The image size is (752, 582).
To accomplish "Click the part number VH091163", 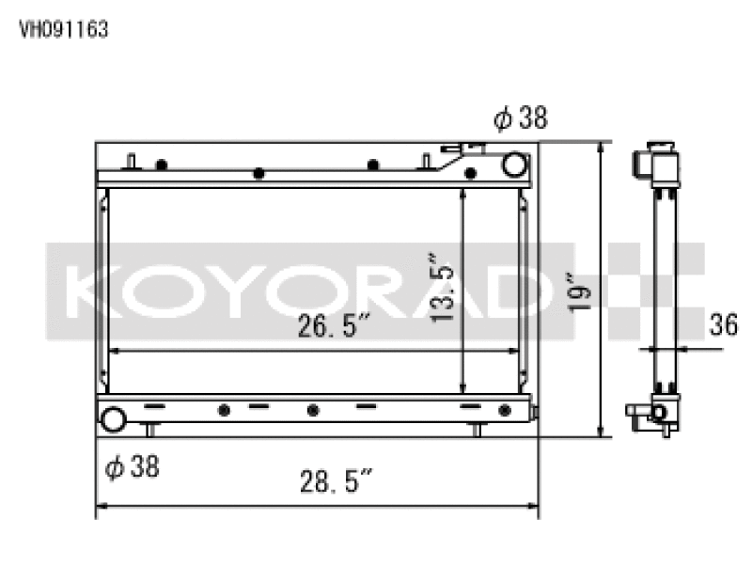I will [x=64, y=29].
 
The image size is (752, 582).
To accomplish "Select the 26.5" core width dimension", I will [x=332, y=328].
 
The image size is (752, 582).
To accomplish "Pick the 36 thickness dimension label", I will [x=723, y=325].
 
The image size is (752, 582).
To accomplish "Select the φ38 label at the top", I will [x=520, y=118].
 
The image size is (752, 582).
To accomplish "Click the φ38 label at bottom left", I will [x=132, y=466].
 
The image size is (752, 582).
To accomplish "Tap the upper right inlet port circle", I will [x=514, y=165].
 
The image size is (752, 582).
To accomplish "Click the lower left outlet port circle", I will [x=114, y=419].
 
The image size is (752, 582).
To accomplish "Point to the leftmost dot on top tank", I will [x=162, y=165].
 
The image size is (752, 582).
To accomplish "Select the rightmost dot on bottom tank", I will [x=505, y=410].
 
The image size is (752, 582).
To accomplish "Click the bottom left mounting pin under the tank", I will [x=149, y=430].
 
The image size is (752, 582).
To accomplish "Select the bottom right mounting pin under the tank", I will [x=478, y=430].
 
